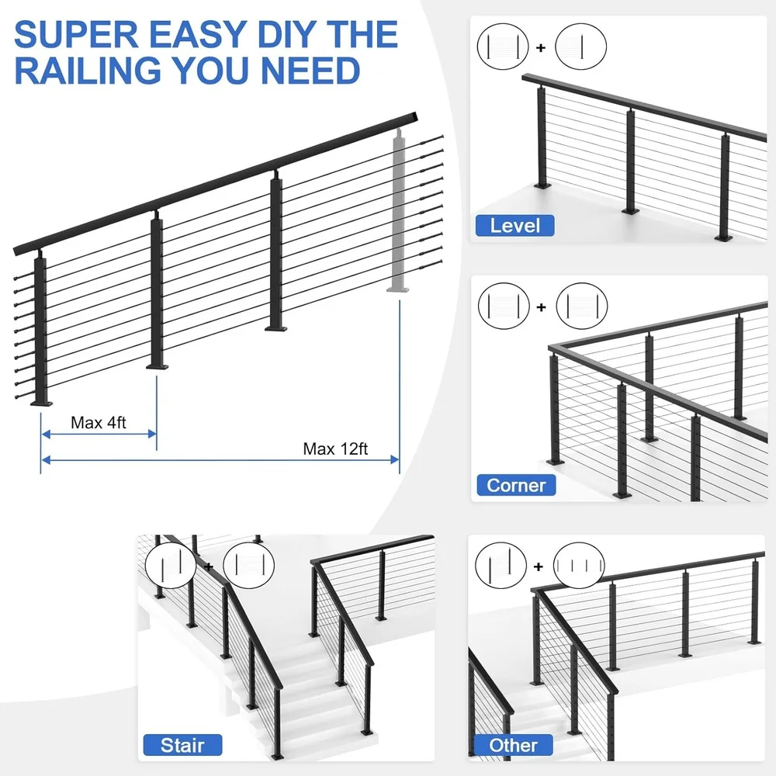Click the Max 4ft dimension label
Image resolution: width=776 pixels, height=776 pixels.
pyautogui.click(x=99, y=423)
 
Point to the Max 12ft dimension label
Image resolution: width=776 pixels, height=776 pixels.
pyautogui.click(x=335, y=449)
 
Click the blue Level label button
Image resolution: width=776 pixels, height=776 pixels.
pyautogui.click(x=516, y=226)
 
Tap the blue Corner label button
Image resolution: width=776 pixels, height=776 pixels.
pyautogui.click(x=516, y=486)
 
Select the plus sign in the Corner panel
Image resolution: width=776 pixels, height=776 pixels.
pyautogui.click(x=541, y=307)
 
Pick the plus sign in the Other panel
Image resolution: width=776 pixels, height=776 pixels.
pyautogui.click(x=539, y=566)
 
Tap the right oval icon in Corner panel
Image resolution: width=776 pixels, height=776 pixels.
pyautogui.click(x=582, y=305)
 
